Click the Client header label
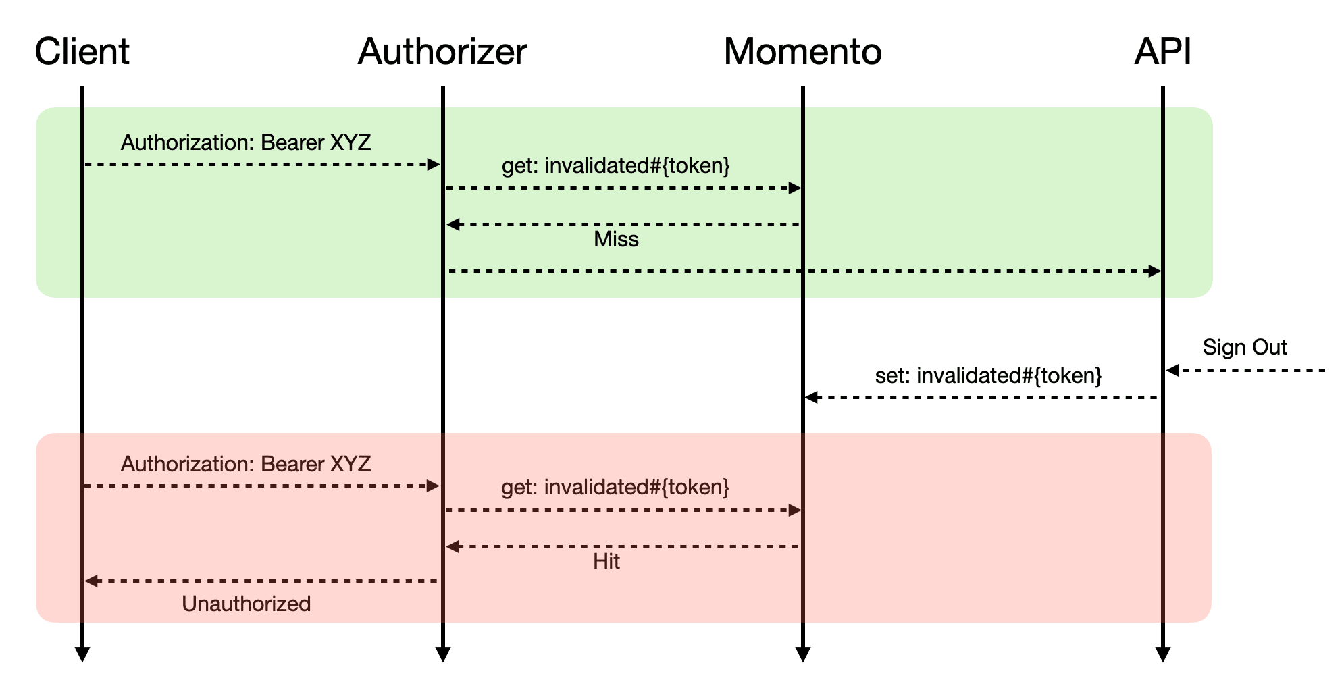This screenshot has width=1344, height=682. pos(82,51)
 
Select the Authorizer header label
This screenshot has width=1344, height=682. pos(442,51)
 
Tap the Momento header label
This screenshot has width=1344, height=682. pos(802,51)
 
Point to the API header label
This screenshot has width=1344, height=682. pos(1162,51)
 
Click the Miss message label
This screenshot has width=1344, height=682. pos(616,239)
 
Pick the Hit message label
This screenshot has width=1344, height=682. pos(606,561)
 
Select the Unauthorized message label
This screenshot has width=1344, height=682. pos(247,604)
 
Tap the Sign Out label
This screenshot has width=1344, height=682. pos(1245,347)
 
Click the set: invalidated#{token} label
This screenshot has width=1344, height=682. pos(988,375)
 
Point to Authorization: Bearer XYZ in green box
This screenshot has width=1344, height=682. pos(246,142)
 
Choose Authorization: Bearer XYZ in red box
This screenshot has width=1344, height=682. pos(246,464)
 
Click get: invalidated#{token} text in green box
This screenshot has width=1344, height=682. pos(616,165)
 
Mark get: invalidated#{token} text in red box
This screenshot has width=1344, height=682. pos(615,487)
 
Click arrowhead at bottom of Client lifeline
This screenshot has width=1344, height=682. pos(82,654)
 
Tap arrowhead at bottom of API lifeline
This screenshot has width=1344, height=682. pos(1162,654)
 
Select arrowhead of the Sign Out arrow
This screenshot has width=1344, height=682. pos(1172,370)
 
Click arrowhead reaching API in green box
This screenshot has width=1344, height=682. pos(1155,271)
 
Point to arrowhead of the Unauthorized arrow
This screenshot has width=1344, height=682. pos(91,581)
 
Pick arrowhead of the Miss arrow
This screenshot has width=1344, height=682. pos(453,224)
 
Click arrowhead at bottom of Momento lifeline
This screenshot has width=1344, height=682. pos(802,654)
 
